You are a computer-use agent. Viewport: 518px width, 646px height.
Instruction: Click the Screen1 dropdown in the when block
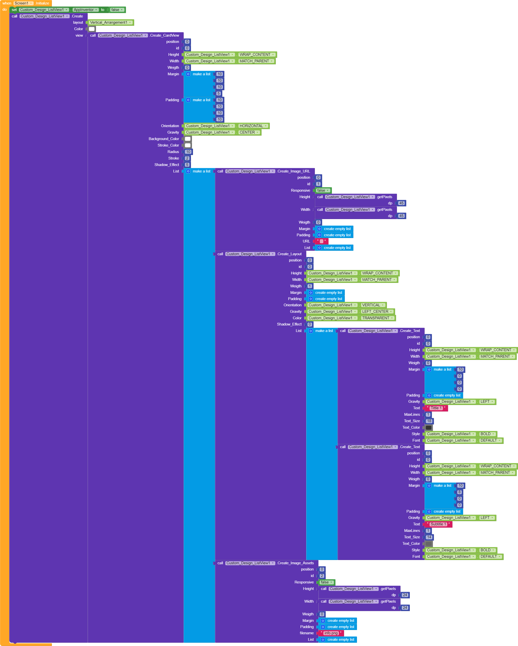tap(23, 3)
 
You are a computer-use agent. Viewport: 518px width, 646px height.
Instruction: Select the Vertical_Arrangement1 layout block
tap(108, 22)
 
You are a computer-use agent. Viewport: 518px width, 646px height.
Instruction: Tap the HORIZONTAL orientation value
tap(251, 126)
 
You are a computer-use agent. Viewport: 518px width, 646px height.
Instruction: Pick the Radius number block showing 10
tap(188, 152)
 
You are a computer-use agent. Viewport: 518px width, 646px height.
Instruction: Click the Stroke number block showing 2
tap(187, 158)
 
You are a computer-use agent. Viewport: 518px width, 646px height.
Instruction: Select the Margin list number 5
tap(219, 93)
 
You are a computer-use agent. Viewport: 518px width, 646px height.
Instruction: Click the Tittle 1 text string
tap(436, 408)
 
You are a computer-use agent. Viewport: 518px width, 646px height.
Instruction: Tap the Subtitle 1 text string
tap(438, 524)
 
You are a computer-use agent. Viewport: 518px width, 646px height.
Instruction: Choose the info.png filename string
tap(331, 633)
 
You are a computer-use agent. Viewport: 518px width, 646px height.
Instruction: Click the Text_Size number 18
tap(429, 421)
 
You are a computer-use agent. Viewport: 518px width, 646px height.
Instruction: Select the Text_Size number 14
tap(429, 537)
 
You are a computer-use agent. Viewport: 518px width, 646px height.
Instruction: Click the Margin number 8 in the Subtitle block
tap(459, 492)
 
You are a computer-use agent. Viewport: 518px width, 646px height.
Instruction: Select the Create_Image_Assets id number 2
tap(322, 576)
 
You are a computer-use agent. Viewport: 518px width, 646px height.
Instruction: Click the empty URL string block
tap(321, 241)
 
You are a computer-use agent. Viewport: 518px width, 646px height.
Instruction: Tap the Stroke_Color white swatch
tap(188, 145)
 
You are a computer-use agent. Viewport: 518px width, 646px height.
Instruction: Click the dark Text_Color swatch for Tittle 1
tap(429, 428)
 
